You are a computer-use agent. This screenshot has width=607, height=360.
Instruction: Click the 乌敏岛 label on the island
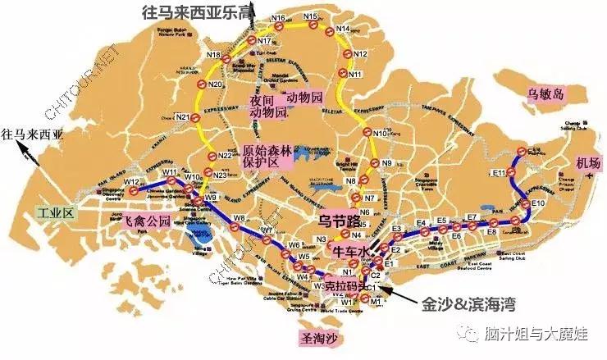pos(547,93)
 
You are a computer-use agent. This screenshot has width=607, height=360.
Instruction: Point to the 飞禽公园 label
pos(147,221)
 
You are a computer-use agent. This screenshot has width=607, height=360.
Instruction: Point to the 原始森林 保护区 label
pos(267,157)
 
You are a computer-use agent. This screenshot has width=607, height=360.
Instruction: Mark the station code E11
pos(499,172)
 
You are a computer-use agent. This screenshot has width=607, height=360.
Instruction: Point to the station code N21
pos(182,117)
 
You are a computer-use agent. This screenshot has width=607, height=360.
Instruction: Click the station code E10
pos(537,203)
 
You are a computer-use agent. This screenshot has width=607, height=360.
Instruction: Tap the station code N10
pos(378,133)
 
